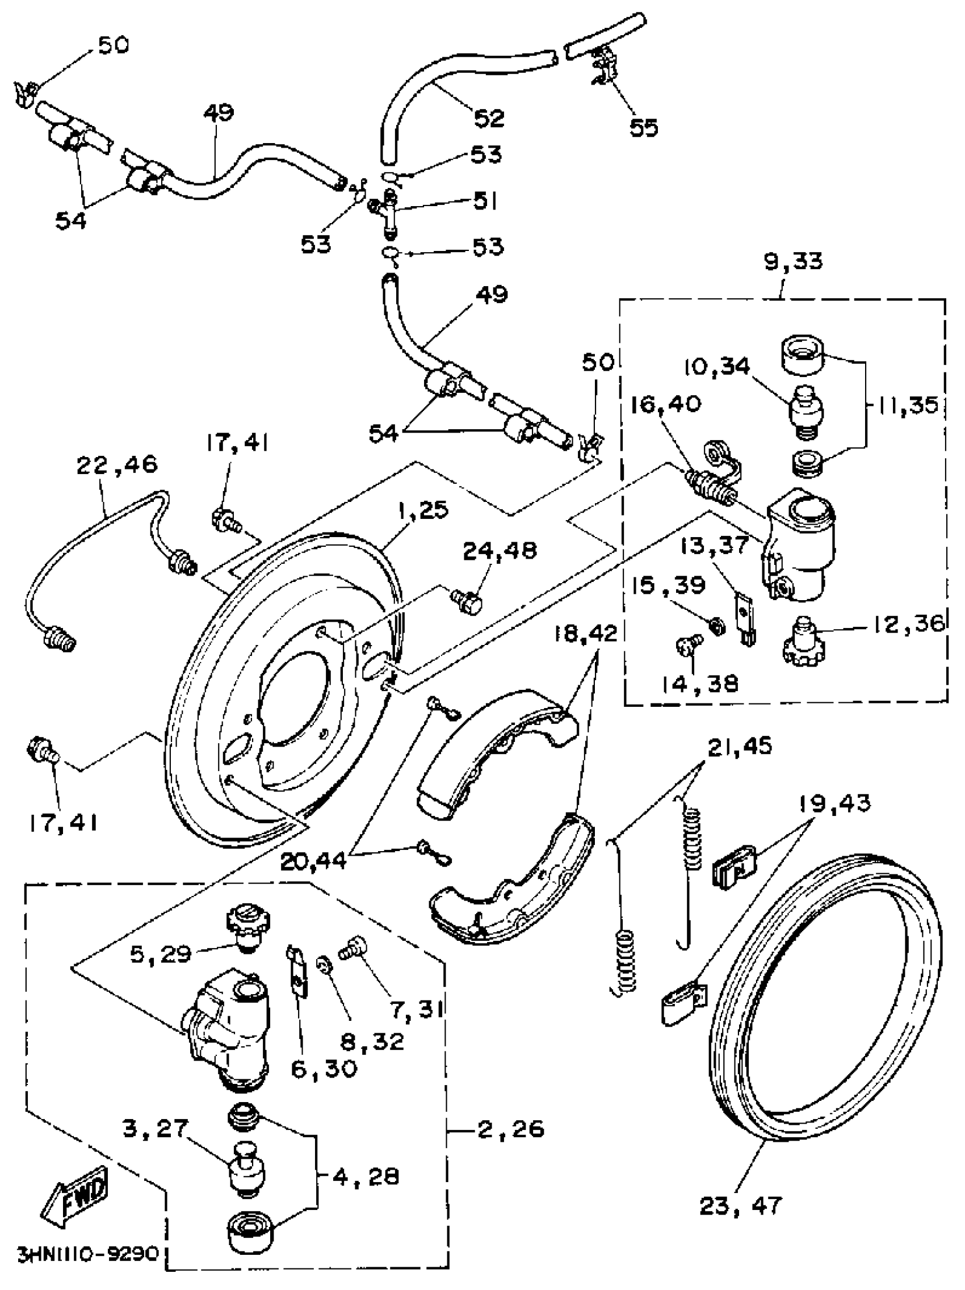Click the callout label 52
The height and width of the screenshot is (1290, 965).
(x=489, y=119)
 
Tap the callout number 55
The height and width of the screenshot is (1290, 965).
(x=644, y=127)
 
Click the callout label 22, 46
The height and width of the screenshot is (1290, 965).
(x=117, y=465)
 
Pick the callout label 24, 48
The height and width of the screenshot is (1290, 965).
(x=500, y=551)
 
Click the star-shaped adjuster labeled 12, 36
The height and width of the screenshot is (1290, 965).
(x=802, y=642)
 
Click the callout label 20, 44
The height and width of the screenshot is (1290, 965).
(x=314, y=861)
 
